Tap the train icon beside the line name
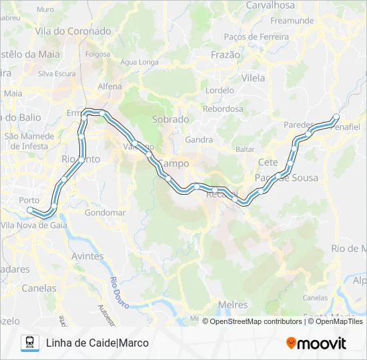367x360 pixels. click(29, 343)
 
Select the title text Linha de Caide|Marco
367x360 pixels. click(97, 343)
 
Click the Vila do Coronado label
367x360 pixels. click(73, 31)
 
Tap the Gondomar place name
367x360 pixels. click(105, 213)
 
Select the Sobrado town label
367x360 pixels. click(171, 119)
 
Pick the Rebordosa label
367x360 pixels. click(223, 108)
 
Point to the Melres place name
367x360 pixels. click(233, 305)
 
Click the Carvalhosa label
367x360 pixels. click(270, 5)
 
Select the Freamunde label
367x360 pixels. click(292, 21)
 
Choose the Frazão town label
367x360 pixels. click(225, 55)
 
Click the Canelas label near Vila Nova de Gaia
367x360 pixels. click(39, 289)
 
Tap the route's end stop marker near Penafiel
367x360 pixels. click(336, 117)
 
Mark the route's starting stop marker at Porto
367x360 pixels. click(29, 210)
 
